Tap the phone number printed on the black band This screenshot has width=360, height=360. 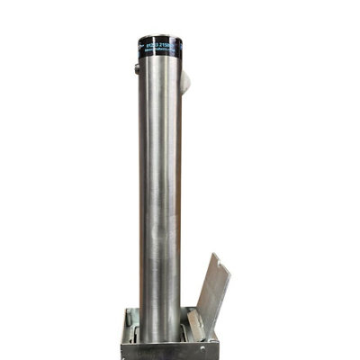163,44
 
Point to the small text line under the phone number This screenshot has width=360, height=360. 162,51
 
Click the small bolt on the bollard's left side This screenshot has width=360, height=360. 138,67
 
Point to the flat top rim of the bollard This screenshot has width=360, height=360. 161,37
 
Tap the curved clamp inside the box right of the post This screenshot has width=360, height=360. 188,329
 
